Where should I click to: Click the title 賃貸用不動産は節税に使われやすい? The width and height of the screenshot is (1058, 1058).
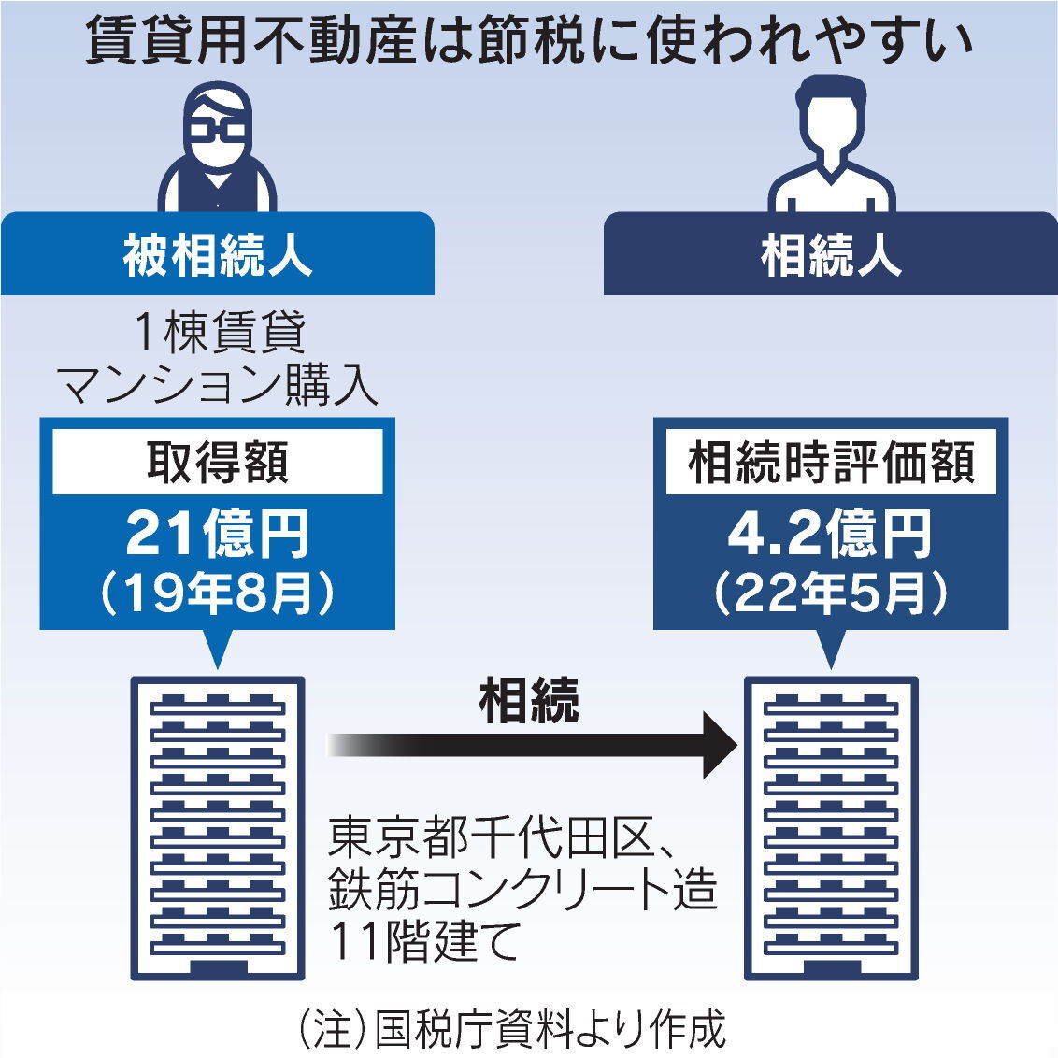point(529,41)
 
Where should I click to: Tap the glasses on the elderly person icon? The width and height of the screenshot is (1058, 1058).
point(216,131)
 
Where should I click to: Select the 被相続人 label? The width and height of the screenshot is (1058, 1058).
point(217,254)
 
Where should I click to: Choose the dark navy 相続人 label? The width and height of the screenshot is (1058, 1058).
point(830,254)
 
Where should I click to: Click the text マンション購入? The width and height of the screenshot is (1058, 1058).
point(218,384)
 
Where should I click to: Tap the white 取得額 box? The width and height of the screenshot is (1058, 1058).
point(217,462)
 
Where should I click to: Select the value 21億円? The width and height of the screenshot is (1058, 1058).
point(217,534)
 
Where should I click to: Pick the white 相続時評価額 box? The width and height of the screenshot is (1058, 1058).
point(831,462)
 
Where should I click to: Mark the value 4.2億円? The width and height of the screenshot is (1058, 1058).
point(830,534)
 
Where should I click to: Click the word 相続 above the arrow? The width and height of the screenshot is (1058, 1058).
point(529,700)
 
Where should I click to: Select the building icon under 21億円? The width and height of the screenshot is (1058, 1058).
point(217,828)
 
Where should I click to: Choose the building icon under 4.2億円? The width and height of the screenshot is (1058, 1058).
point(831,828)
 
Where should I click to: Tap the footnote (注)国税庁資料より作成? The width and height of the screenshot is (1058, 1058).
point(511,1029)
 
